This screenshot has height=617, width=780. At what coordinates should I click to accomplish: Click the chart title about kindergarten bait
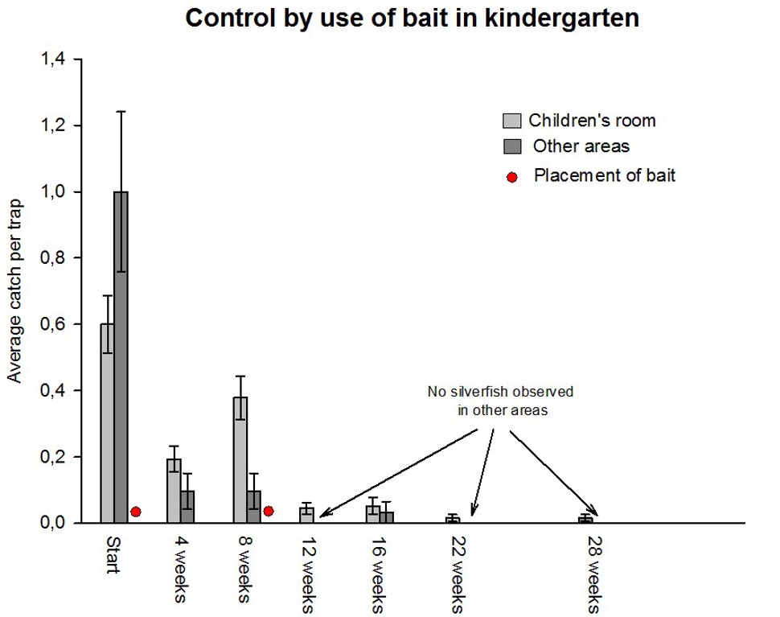click(412, 19)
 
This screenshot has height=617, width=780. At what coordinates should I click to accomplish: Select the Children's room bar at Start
click(107, 423)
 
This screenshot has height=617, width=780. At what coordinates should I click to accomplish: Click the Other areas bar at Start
click(121, 357)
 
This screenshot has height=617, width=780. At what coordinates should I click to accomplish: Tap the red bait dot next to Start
click(136, 512)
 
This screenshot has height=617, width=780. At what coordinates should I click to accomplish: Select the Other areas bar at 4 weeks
click(187, 507)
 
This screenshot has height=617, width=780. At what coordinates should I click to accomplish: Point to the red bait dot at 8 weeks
click(269, 511)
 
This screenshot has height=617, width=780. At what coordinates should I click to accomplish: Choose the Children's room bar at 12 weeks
click(306, 515)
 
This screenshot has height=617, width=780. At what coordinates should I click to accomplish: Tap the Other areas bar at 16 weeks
click(386, 517)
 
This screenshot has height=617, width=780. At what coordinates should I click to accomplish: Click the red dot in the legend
click(512, 177)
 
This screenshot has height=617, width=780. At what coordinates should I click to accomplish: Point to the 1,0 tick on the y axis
click(75, 191)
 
